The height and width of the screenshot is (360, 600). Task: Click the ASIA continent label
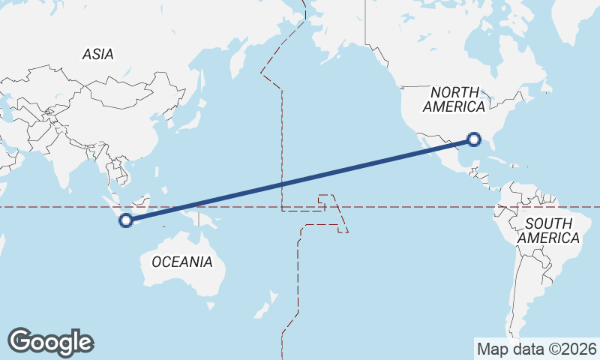(98, 54)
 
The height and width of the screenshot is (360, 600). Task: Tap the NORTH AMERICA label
(454, 99)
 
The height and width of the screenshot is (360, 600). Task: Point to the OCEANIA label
(182, 262)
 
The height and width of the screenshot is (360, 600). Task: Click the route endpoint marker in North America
(474, 139)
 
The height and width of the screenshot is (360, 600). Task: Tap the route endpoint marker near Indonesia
(126, 220)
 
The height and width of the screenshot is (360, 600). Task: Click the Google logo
(50, 342)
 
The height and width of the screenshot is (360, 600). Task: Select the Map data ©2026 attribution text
(537, 349)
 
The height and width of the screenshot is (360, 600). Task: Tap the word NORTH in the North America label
(454, 91)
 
